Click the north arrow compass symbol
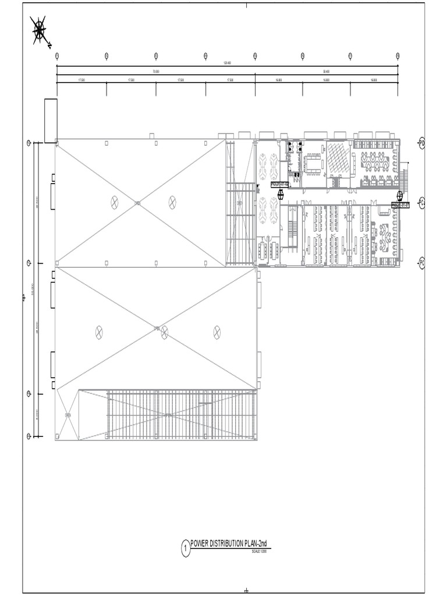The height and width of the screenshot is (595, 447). coord(40,30)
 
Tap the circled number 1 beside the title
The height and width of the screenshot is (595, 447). coord(186,548)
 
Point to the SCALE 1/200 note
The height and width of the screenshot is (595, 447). coord(259,551)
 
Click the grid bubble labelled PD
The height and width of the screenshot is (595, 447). coord(422,143)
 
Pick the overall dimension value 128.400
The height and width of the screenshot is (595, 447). coord(227,63)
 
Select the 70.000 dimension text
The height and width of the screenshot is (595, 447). coord(155,71)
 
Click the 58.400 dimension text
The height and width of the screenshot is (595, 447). coord(326,71)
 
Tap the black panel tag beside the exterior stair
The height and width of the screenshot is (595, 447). coord(400,205)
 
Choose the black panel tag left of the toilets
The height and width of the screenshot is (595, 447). coord(280,185)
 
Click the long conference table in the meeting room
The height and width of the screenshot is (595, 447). coord(314,163)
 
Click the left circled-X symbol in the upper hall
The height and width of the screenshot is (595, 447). coord(115,202)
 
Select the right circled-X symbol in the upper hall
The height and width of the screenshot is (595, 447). coord(172,202)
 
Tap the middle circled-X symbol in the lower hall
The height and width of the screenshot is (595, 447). coord(164,332)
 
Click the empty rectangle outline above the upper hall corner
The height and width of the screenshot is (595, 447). coord(51,120)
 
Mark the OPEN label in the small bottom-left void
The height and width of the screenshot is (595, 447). coord(68,415)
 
